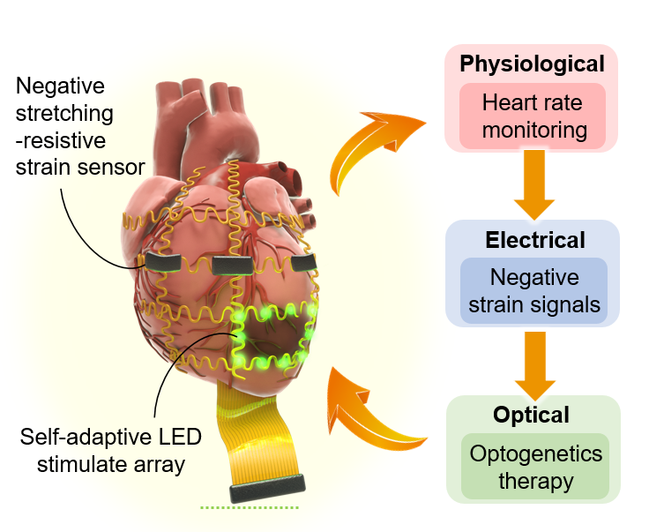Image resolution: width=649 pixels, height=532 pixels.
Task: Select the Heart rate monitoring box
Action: (532, 116)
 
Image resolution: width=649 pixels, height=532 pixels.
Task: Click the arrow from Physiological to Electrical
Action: (532, 183)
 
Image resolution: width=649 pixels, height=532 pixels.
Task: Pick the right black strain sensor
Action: (302, 262)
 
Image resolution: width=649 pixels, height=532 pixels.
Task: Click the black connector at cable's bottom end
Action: (267, 486)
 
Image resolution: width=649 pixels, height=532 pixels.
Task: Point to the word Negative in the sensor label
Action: (61, 87)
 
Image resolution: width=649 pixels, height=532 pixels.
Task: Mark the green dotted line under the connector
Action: (250, 508)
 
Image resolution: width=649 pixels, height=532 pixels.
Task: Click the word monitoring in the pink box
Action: (532, 130)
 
